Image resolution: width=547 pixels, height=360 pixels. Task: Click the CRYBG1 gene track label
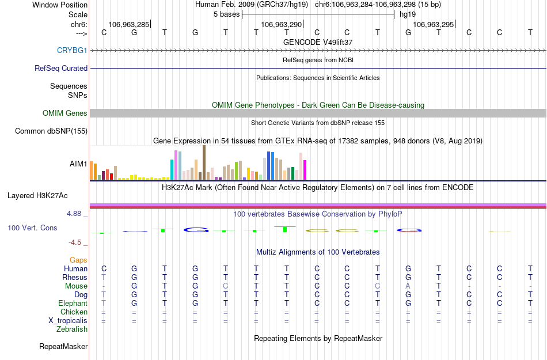point(72,50)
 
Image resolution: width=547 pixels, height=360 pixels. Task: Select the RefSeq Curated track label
point(61,68)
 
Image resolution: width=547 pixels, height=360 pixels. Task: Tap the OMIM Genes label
point(64,113)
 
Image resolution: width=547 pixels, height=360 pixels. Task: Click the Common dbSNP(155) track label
point(51,131)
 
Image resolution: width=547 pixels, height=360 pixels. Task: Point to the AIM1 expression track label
point(78,164)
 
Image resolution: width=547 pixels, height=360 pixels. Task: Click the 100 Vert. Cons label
point(32,228)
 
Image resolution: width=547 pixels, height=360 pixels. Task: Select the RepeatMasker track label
point(63,347)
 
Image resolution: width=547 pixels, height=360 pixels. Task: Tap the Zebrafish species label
point(72,329)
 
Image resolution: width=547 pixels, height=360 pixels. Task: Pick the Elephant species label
point(73,304)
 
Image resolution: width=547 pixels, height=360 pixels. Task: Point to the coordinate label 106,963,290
point(281,25)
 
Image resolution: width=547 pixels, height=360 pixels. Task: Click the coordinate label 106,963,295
point(434,25)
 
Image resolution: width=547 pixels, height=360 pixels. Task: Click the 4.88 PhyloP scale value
point(75,214)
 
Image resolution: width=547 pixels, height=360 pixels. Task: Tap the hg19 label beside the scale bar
point(407,13)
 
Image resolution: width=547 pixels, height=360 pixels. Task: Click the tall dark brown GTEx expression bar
point(204,162)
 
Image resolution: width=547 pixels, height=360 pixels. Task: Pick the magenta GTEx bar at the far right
point(305,170)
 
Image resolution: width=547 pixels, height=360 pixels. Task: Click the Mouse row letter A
point(408,286)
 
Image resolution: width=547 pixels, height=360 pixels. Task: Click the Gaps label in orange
point(78,260)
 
